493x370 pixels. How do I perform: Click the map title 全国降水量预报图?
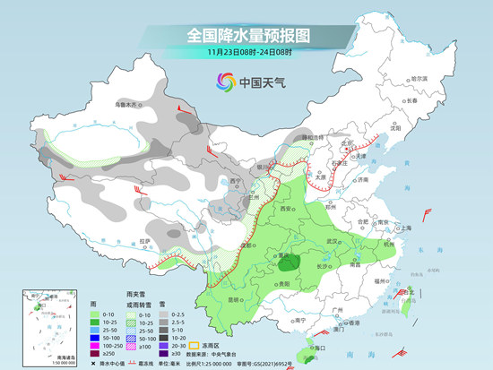click(x=246, y=35)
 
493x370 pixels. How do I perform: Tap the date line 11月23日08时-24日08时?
click(x=246, y=53)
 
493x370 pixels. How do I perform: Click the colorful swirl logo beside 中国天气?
click(x=222, y=82)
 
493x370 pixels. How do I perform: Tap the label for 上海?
click(x=407, y=228)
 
